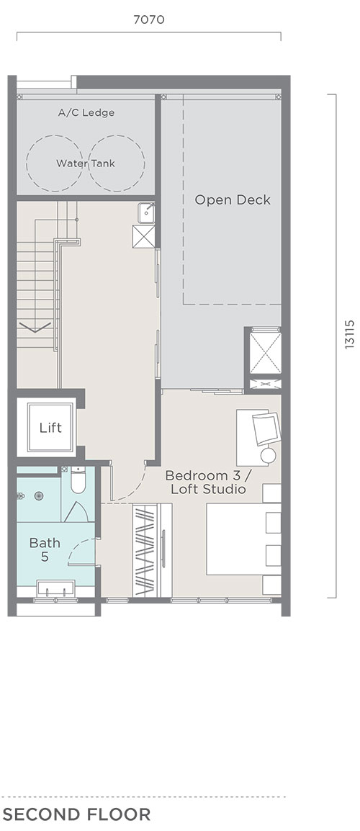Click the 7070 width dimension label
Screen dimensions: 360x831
[149, 19]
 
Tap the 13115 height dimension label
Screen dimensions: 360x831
[349, 334]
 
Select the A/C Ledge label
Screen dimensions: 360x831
[86, 112]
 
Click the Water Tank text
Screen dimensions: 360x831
[86, 163]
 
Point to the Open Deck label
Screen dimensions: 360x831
[233, 199]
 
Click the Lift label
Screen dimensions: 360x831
[50, 427]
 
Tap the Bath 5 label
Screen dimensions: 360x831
[45, 549]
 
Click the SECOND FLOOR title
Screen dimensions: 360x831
[77, 814]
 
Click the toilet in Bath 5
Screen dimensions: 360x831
[78, 479]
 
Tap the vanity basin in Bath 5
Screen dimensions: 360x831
[55, 588]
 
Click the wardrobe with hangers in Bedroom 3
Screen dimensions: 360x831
[152, 550]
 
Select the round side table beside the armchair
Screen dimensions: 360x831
[269, 455]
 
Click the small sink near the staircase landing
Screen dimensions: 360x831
[146, 213]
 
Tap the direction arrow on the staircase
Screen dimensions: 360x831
[35, 327]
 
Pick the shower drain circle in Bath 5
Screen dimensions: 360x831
[39, 496]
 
